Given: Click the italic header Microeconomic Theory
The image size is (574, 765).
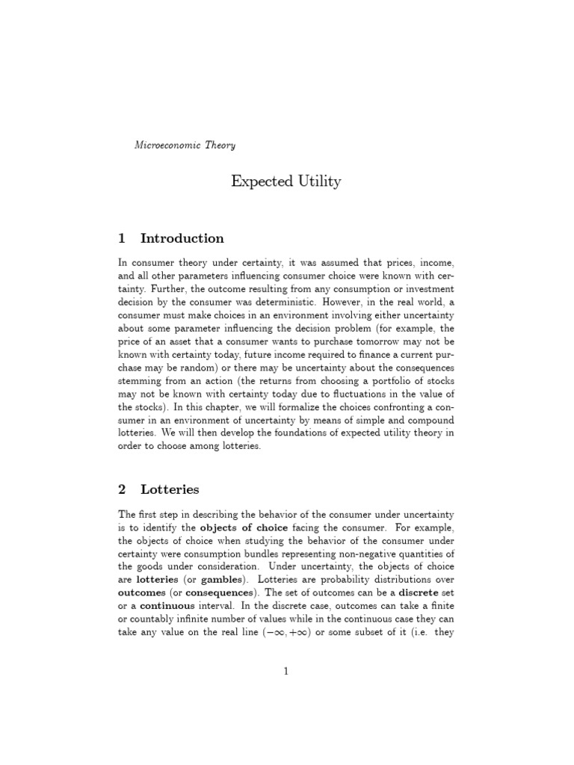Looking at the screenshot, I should [185, 145].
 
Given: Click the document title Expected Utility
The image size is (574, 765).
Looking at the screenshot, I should [286, 182].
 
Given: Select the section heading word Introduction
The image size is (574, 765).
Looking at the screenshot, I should [182, 239].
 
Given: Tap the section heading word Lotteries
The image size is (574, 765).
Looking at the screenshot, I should [170, 490].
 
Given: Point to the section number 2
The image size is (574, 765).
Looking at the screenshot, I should [122, 490].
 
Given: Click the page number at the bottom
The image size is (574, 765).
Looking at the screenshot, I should [286, 672].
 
